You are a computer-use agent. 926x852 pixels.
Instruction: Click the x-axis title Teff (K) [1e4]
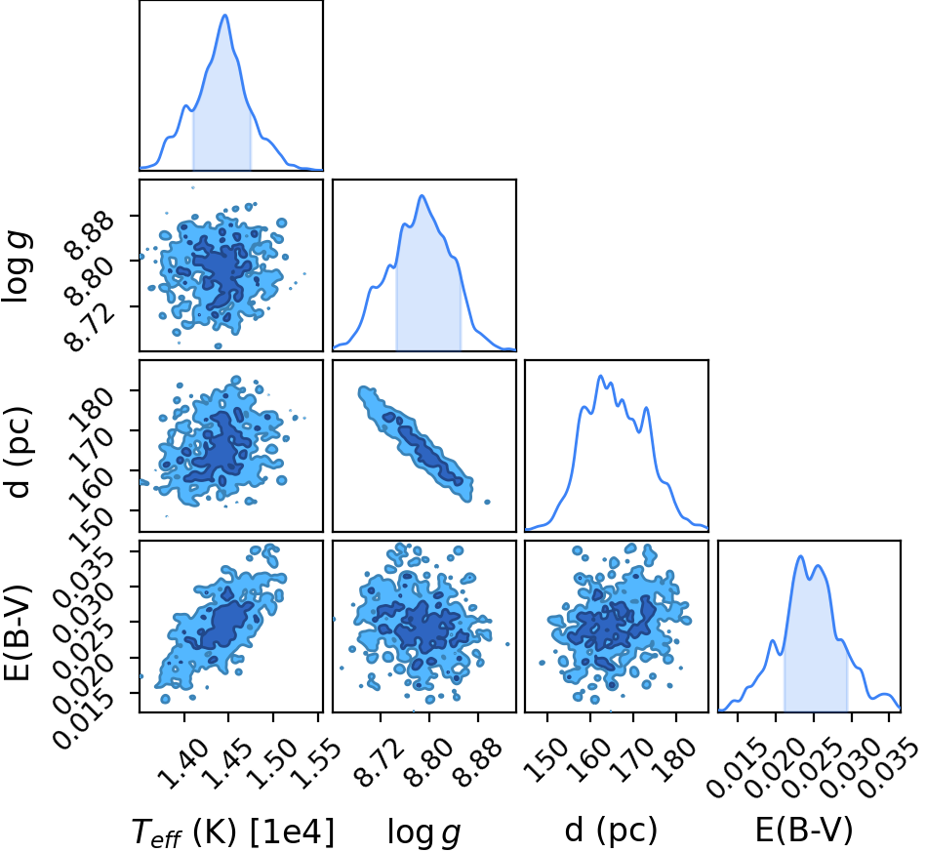click(232, 832)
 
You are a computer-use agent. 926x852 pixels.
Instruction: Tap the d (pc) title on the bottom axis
click(611, 831)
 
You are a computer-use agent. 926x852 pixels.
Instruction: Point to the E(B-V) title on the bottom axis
click(804, 831)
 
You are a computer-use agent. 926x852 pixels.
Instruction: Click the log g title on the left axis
click(18, 267)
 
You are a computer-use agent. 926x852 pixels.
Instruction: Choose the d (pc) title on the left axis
click(19, 452)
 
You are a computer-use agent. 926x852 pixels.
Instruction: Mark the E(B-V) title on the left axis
click(18, 631)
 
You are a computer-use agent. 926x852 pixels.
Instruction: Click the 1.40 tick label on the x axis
click(184, 764)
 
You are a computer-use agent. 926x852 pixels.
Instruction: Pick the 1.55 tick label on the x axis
click(316, 764)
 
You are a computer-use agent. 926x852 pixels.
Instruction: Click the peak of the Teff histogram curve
click(225, 15)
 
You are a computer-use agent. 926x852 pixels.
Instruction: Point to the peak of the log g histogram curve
click(422, 195)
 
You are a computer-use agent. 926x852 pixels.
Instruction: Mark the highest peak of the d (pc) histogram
click(601, 376)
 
